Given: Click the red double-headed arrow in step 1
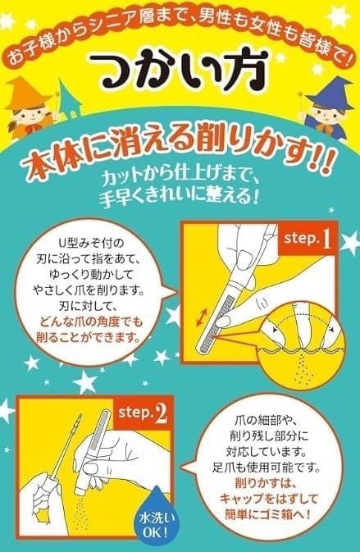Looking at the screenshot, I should [x=206, y=317].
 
